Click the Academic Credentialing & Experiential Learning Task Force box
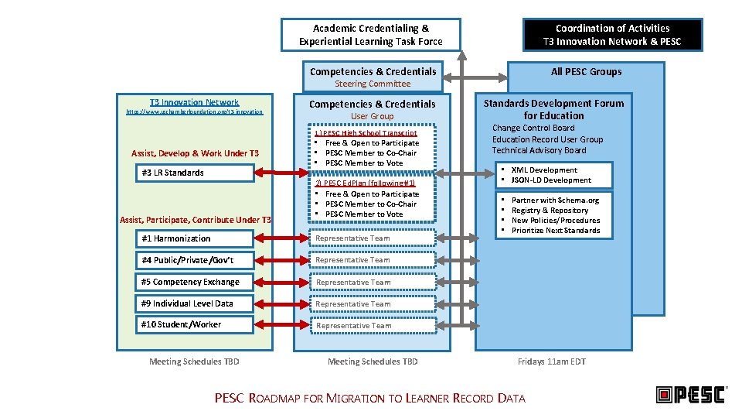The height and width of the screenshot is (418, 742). [370, 35]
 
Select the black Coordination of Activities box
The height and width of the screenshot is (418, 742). [612, 35]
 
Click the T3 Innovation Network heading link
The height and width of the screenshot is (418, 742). [194, 102]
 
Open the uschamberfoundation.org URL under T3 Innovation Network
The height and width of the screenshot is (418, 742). [194, 112]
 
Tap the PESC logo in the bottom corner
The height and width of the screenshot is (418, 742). [691, 395]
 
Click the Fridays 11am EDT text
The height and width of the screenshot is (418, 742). [552, 361]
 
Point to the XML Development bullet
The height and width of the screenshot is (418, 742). [544, 170]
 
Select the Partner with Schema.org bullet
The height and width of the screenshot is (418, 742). [555, 200]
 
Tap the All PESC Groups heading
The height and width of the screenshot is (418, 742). [586, 71]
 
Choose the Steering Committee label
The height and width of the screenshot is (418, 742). [373, 84]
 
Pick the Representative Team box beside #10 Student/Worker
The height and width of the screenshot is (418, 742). [373, 325]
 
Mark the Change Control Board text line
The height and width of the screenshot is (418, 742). [533, 128]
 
